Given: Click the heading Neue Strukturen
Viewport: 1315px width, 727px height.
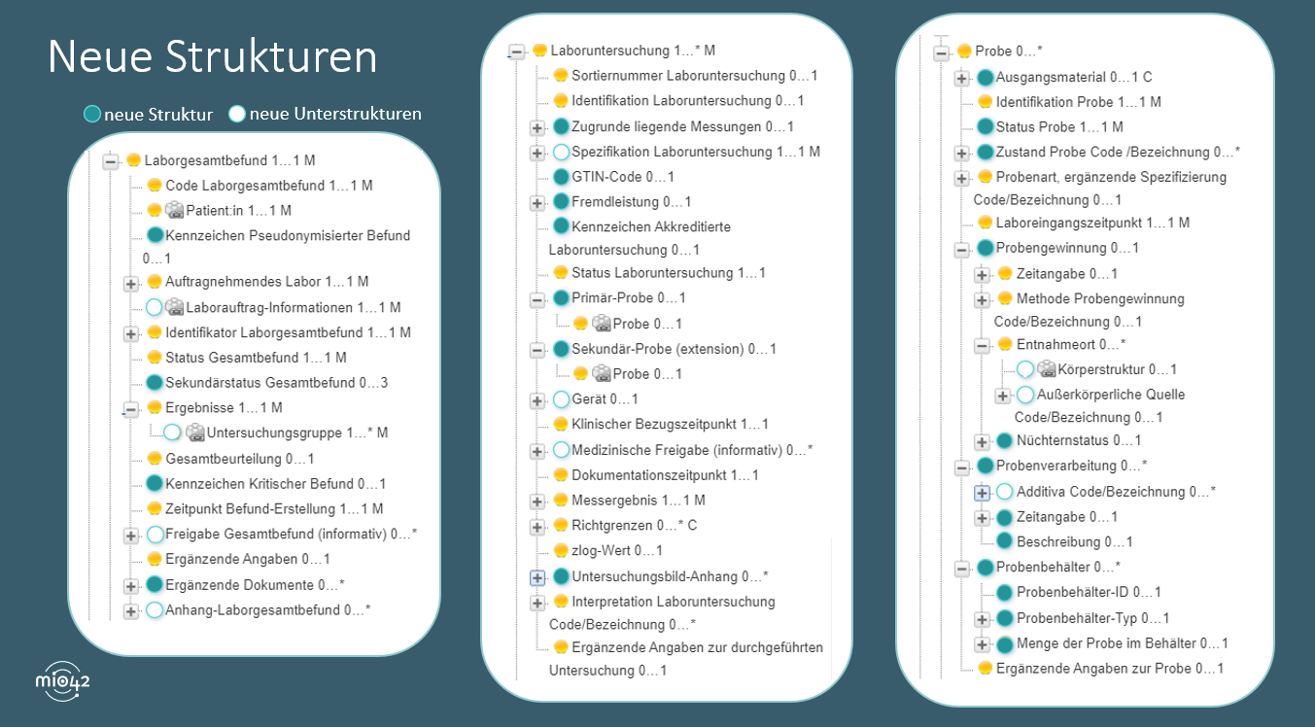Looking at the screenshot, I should [212, 57].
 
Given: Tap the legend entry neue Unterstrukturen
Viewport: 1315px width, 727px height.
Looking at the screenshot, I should [335, 114].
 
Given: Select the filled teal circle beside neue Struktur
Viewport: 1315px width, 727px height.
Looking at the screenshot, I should [91, 115].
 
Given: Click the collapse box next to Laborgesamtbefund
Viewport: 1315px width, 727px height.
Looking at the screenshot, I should [110, 161].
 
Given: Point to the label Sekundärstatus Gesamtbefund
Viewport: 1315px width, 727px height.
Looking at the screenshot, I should [276, 382].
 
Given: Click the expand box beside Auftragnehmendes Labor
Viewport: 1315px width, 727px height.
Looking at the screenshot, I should [130, 283].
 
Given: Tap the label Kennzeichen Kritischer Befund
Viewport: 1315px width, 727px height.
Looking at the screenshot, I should [276, 483].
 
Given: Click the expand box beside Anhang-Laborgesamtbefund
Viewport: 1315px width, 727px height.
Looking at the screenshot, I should [130, 610].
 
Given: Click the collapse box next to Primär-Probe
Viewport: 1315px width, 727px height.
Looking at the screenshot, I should [536, 298].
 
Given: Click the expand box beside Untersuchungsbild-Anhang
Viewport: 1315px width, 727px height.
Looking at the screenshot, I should [536, 577].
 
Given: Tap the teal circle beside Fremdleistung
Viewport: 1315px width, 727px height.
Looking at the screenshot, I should [561, 202].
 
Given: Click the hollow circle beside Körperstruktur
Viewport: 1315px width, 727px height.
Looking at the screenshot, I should [1025, 369].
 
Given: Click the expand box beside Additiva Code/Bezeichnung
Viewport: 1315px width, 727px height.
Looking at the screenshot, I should [982, 492].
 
